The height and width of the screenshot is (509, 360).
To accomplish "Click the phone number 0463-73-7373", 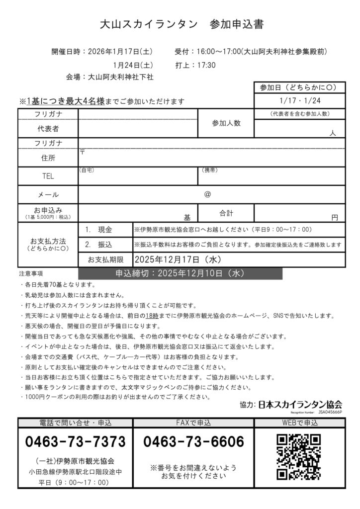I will point(75,441).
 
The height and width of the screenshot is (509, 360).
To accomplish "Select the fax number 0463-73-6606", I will point(194,441).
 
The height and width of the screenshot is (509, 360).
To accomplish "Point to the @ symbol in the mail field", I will point(207,194).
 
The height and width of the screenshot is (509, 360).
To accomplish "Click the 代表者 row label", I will point(48,129).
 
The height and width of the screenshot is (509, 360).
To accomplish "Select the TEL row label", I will point(48,176).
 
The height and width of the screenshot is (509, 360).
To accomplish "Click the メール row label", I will point(48,194).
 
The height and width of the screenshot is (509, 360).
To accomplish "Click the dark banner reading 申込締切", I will point(180,273).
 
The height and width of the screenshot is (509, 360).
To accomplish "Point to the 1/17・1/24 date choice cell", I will point(300,99).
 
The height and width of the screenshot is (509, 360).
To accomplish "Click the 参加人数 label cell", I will point(226,123).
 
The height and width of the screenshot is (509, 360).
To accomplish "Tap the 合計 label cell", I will point(226,213).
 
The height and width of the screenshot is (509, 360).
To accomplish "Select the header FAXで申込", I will point(194,423).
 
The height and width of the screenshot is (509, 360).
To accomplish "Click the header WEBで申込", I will point(300,423).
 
